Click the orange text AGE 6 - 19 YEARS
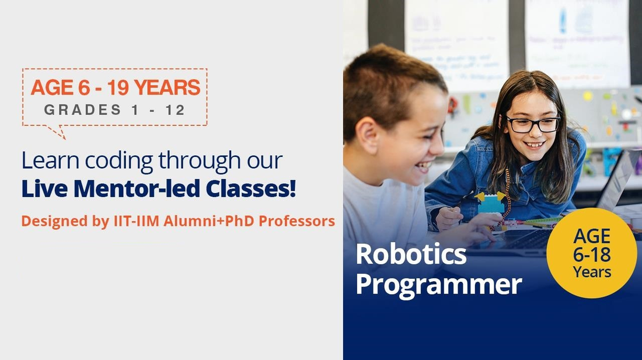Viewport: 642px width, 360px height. pos(115,88)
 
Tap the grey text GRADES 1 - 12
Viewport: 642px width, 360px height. pos(115,110)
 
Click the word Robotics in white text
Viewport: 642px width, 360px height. pos(411,254)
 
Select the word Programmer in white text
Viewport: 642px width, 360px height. pos(438,284)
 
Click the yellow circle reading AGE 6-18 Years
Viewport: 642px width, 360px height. pos(591,253)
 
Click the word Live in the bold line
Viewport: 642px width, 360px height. pos(40,189)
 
